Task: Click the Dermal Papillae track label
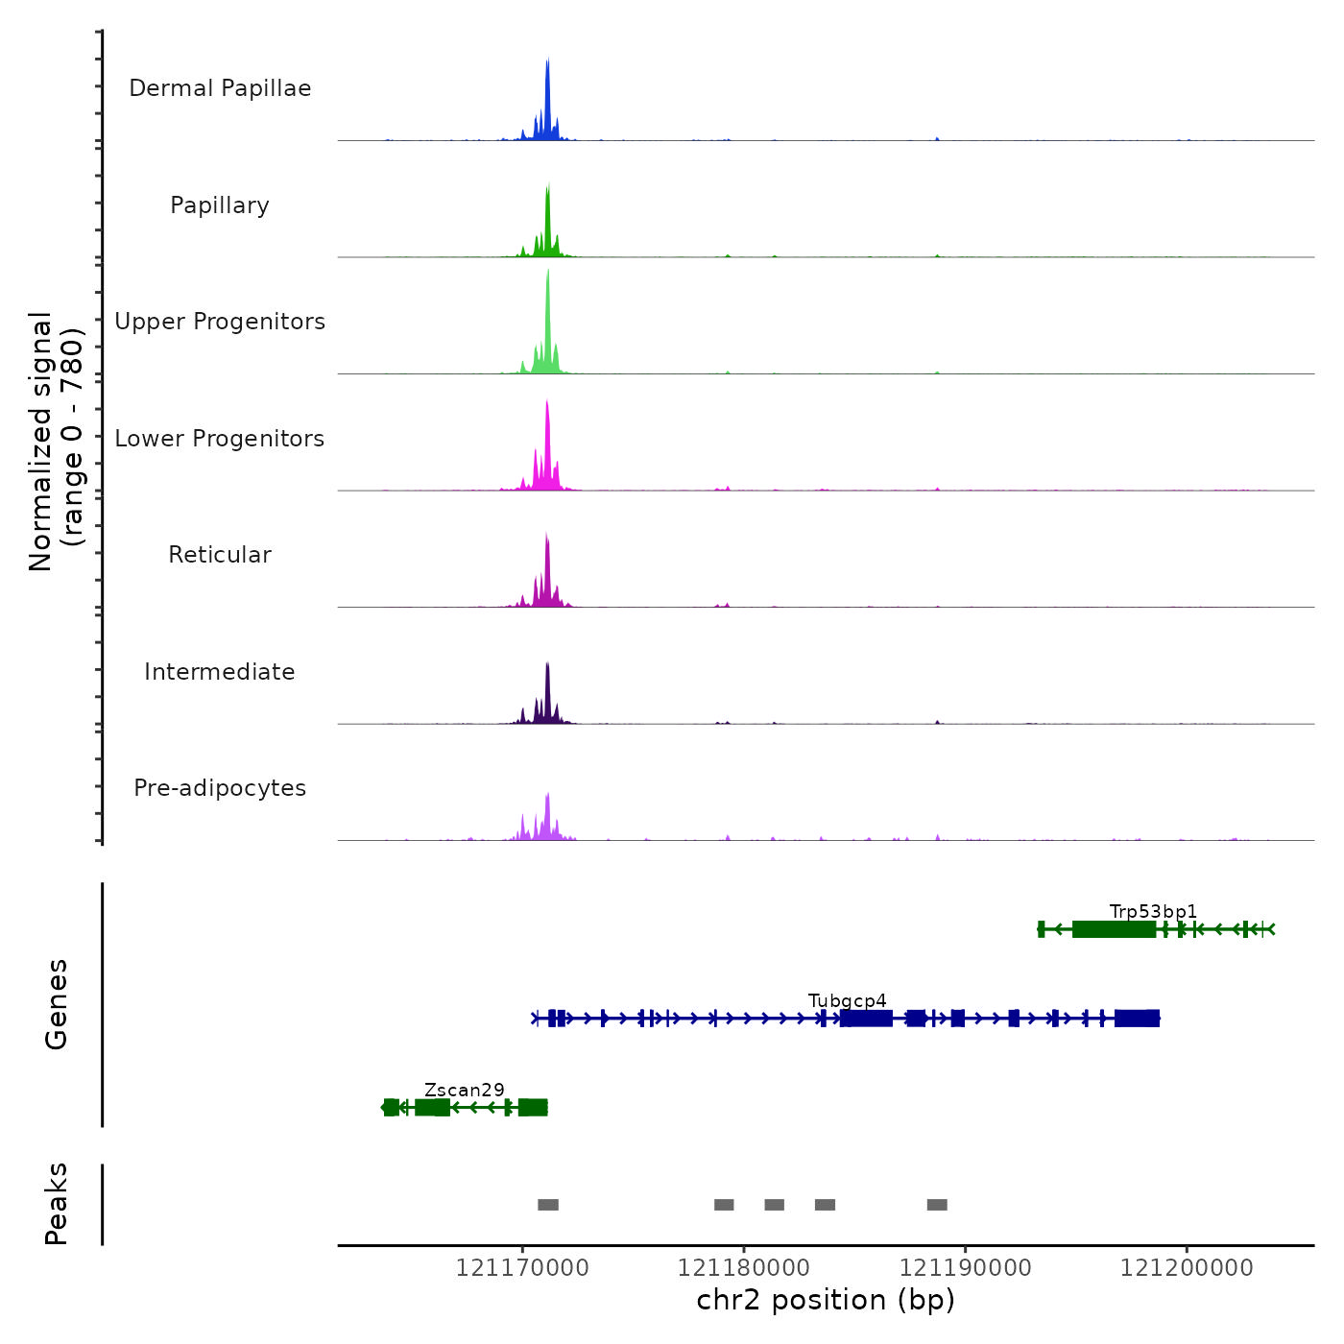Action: tap(220, 88)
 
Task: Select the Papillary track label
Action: tap(220, 205)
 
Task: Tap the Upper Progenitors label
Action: tap(220, 322)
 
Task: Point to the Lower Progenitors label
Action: tap(220, 439)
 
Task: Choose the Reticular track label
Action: tap(220, 555)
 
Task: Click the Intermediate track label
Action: tap(220, 672)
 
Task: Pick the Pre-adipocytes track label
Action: tap(220, 788)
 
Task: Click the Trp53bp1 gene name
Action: tap(1153, 911)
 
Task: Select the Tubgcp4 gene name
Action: tap(848, 1000)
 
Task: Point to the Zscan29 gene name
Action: tap(465, 1090)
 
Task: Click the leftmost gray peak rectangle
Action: tap(548, 1205)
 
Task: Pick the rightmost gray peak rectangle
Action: tap(937, 1205)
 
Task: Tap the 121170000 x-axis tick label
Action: tap(522, 1268)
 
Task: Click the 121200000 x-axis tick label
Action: tap(1187, 1268)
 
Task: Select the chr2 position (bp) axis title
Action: tap(826, 1300)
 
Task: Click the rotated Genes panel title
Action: tap(57, 1004)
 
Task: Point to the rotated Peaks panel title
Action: tap(57, 1204)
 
